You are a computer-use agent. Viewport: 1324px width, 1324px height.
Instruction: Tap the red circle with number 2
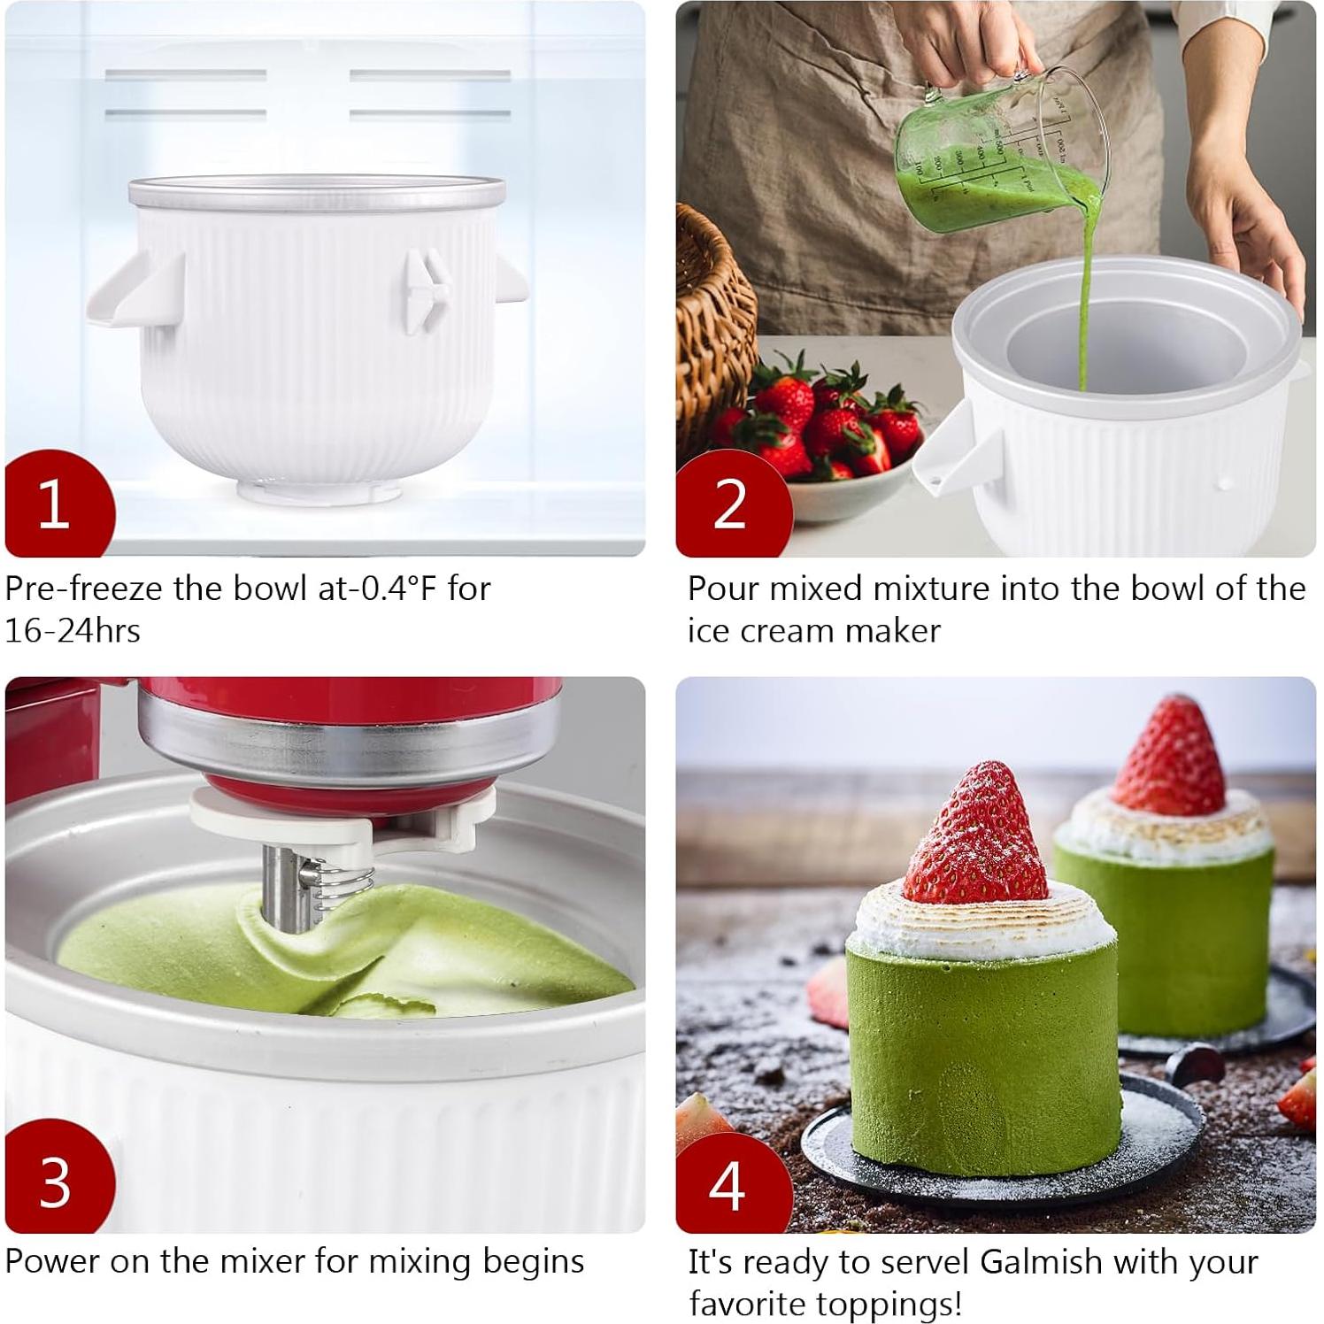(x=730, y=504)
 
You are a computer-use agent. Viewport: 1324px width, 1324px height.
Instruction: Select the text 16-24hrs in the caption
(x=73, y=631)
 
